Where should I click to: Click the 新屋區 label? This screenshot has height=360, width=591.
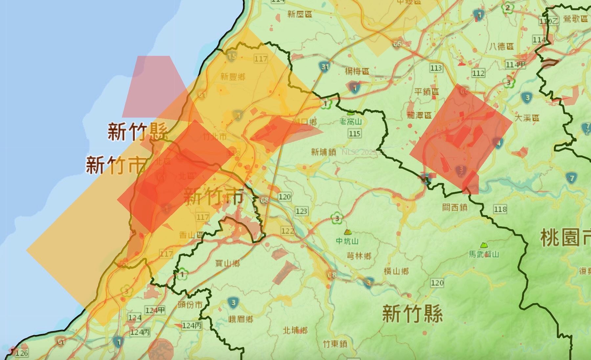300,14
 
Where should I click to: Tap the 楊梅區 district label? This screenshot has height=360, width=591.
357,71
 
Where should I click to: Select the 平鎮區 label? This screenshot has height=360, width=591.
427,92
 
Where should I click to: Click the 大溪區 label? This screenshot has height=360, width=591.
527,118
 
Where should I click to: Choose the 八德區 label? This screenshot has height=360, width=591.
501,46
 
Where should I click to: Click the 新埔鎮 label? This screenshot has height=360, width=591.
323,152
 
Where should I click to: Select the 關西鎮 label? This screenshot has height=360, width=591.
454,208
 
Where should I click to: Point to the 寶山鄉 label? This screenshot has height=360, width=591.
227,263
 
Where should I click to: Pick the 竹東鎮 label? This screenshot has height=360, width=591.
335,344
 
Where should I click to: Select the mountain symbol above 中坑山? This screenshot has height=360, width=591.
347,232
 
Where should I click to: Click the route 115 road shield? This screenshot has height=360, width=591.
355,133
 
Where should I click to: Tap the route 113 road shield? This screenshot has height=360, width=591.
436,68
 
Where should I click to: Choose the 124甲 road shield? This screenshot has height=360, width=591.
155,310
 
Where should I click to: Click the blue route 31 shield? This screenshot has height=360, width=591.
325,68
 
